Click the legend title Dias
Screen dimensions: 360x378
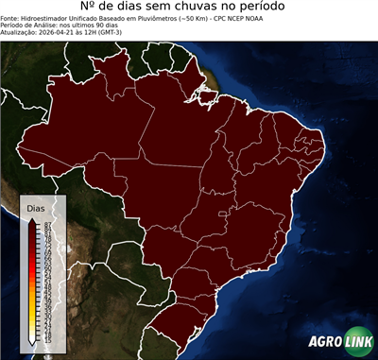36,208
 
